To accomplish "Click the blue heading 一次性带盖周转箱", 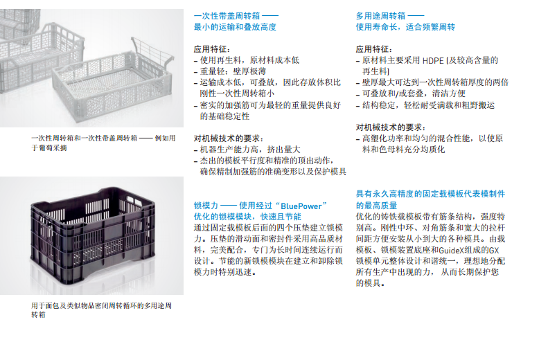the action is click(x=227, y=16).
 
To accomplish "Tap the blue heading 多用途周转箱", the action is click(x=380, y=16).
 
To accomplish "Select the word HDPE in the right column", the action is click(x=433, y=60).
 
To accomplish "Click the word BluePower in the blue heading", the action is click(x=301, y=206).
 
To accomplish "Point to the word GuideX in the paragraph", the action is click(x=450, y=250).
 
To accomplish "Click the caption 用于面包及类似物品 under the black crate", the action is click(x=101, y=310).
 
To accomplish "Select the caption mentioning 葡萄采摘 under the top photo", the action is click(x=103, y=143).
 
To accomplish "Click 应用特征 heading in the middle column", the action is click(x=212, y=49).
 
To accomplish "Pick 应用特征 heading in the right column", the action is click(x=374, y=49).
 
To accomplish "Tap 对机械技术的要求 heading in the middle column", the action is click(x=229, y=138).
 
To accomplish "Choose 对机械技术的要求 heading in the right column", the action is click(x=391, y=127).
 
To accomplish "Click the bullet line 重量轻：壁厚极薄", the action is click(x=230, y=71).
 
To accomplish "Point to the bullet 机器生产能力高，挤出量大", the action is click(x=247, y=150).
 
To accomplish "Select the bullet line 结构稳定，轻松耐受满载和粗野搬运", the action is click(x=425, y=105).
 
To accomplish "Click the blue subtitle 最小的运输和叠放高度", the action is click(x=236, y=27).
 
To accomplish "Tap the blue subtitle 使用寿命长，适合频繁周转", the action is click(x=405, y=27).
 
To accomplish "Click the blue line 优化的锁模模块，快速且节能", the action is click(x=247, y=217).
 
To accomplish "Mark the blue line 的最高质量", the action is click(x=376, y=206).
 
